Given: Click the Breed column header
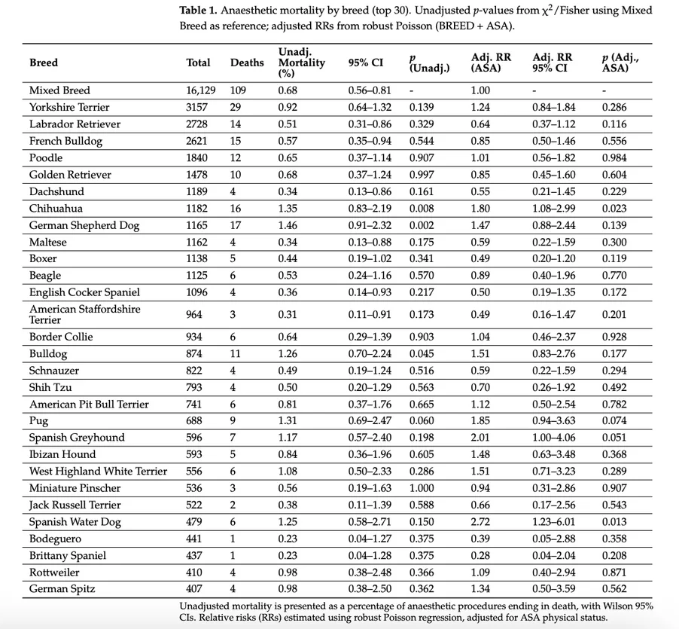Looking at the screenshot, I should click(x=44, y=63).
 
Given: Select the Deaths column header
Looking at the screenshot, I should click(x=247, y=63).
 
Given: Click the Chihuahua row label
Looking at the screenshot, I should click(x=56, y=209).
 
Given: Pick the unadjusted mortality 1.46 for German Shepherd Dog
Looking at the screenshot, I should click(x=288, y=225).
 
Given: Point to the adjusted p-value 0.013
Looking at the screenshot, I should click(x=614, y=522).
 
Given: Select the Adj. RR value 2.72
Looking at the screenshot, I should click(x=481, y=522).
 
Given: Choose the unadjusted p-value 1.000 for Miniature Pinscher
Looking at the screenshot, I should click(x=422, y=488).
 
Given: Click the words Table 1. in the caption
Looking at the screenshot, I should click(x=199, y=11).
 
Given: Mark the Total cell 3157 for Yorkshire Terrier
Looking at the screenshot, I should click(x=197, y=107).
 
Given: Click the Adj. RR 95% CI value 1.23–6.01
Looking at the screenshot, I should click(x=554, y=522).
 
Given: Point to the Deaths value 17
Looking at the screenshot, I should click(x=236, y=225).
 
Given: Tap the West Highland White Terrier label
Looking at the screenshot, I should click(x=98, y=472).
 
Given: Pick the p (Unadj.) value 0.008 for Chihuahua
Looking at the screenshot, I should click(x=422, y=209).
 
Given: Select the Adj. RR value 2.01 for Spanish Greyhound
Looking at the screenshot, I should click(x=481, y=438).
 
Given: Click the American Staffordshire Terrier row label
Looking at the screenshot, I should click(x=84, y=314).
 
